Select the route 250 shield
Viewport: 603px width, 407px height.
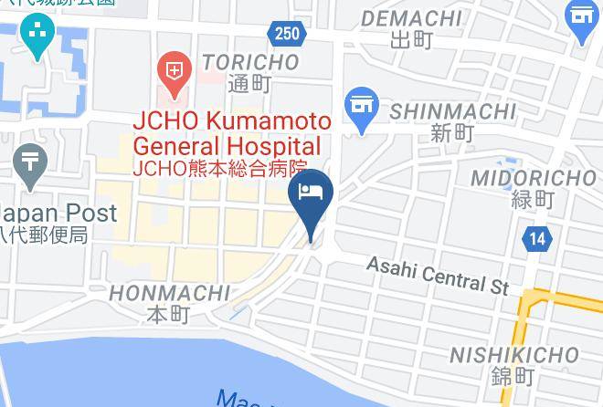pos(285,34)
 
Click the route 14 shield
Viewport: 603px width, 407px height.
pos(538,240)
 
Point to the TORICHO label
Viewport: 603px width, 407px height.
pos(250,62)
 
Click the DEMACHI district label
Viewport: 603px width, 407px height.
pos(411,18)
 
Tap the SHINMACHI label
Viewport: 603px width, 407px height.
pos(453,111)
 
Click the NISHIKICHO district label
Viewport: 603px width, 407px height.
pos(514,355)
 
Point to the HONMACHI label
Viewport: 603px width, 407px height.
pos(169,293)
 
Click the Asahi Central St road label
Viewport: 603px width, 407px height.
pos(438,274)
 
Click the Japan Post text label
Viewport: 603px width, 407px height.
pos(57,213)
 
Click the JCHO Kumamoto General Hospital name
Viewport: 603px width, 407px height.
pos(227,133)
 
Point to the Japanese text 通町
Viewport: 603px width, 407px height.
pos(250,83)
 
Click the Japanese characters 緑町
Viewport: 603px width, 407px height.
pos(533,199)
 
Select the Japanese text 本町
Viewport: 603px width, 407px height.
pos(168,315)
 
